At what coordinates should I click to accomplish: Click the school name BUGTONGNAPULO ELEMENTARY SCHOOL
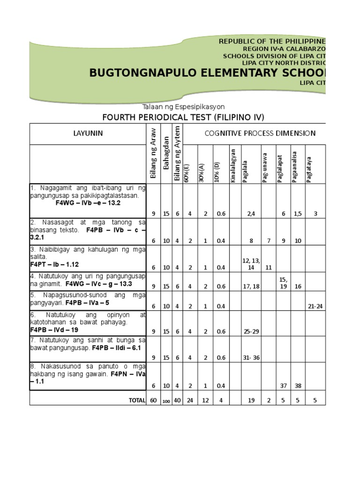click(x=206, y=73)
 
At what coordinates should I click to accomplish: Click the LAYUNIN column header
click(x=88, y=134)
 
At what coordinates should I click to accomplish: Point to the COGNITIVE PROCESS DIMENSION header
click(x=260, y=133)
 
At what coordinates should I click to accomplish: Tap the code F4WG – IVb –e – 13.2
click(x=88, y=203)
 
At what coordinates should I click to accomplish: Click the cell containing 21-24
click(x=315, y=306)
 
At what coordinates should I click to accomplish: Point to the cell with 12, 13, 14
click(x=251, y=264)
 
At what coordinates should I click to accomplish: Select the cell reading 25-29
click(x=251, y=331)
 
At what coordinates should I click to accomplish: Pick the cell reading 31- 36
click(x=251, y=358)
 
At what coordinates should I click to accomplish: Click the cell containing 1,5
click(x=298, y=214)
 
